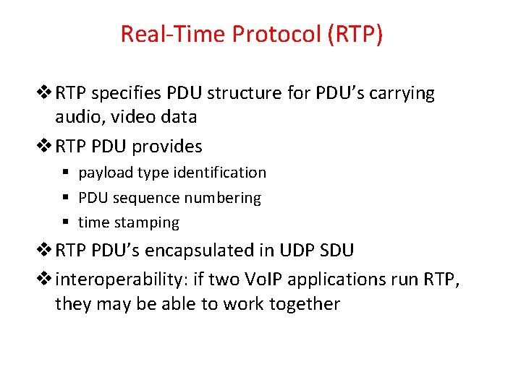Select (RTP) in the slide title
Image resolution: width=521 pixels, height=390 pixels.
click(355, 34)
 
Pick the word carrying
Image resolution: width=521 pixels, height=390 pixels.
click(399, 94)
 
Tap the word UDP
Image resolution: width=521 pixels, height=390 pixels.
click(295, 251)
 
